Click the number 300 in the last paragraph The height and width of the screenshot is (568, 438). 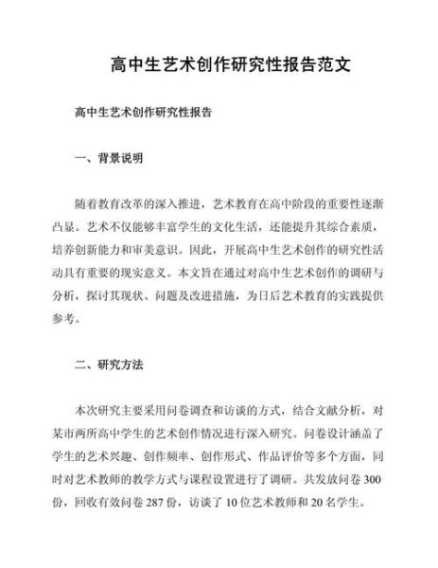[376, 478]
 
